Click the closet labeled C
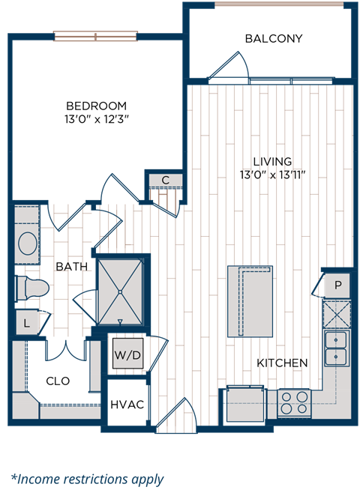(x=165, y=180)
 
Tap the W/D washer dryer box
(x=127, y=355)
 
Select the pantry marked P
(x=337, y=285)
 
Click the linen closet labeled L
(x=26, y=323)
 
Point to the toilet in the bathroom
(x=32, y=288)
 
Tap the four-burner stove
(x=294, y=402)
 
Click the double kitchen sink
(x=336, y=347)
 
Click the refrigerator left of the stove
(x=245, y=403)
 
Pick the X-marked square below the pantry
(x=336, y=313)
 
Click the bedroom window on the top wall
(x=95, y=35)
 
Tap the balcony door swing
(x=229, y=67)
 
